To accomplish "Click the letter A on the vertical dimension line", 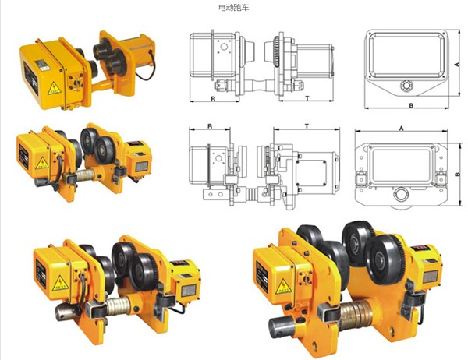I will tap(456, 61).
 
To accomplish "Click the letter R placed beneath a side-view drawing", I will tap(212, 101).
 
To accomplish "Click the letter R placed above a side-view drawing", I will tap(211, 125).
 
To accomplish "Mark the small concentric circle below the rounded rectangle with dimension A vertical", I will tap(405, 85).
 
